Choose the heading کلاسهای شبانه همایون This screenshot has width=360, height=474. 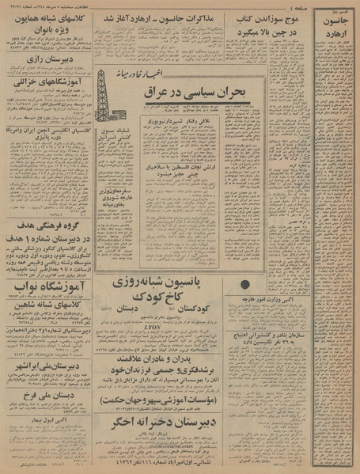tap(50, 18)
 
